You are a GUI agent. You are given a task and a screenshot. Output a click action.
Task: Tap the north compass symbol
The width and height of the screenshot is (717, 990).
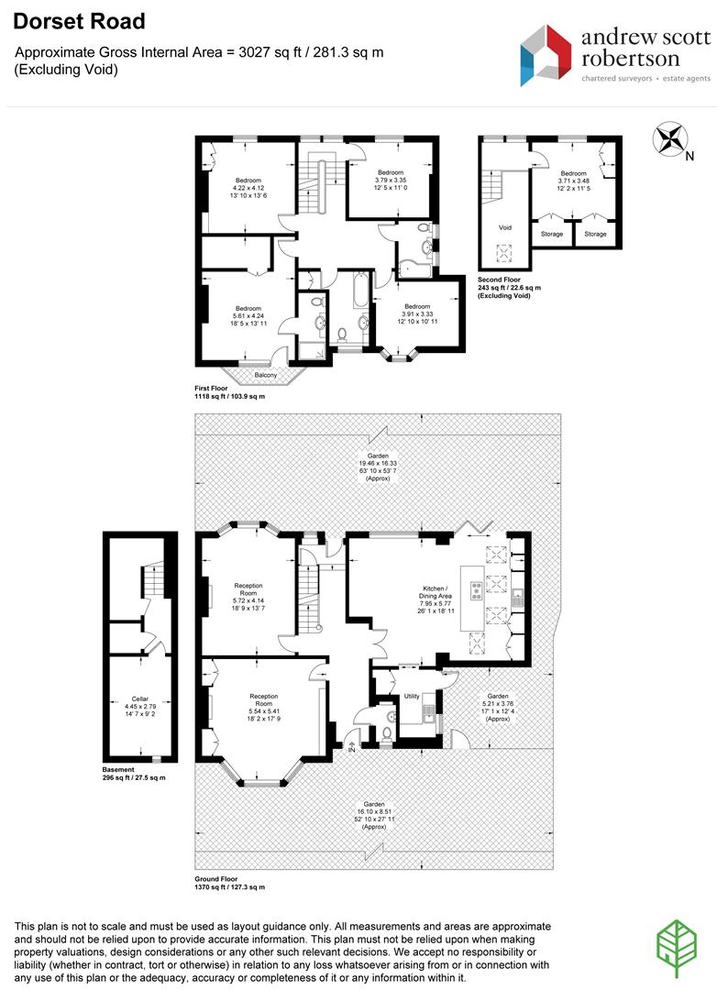[x=670, y=140]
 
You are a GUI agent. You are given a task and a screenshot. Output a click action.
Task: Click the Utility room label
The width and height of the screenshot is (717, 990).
[x=412, y=697]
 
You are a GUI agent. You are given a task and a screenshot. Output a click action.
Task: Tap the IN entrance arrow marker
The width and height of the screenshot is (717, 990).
[x=351, y=749]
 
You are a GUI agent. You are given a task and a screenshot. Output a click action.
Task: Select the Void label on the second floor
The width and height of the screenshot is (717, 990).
[x=505, y=227]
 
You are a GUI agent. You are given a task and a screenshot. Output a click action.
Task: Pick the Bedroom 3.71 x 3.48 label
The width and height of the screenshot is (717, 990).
[x=574, y=181]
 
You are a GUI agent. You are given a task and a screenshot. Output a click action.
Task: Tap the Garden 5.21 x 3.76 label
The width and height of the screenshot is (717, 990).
[x=497, y=707]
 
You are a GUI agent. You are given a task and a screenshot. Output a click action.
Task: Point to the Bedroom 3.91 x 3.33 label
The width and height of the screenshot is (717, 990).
[x=417, y=313]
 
